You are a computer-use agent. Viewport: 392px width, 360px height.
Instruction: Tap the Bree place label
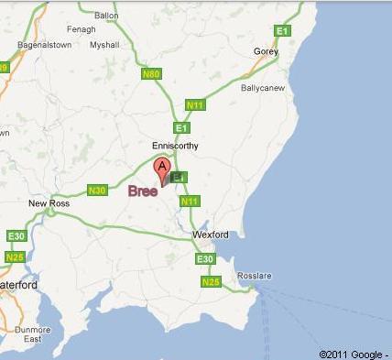click(142, 191)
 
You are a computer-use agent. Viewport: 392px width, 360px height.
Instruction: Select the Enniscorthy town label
click(174, 146)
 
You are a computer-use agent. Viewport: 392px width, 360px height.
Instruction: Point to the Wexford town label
click(210, 235)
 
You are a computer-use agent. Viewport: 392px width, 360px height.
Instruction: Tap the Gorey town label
click(265, 52)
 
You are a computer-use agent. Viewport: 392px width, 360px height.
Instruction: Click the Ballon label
click(106, 16)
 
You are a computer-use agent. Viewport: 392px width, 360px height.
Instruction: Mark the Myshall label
click(104, 44)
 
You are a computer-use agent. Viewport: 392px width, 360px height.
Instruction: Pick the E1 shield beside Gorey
click(283, 31)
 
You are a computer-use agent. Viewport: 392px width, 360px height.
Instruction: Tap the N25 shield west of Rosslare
click(209, 282)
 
